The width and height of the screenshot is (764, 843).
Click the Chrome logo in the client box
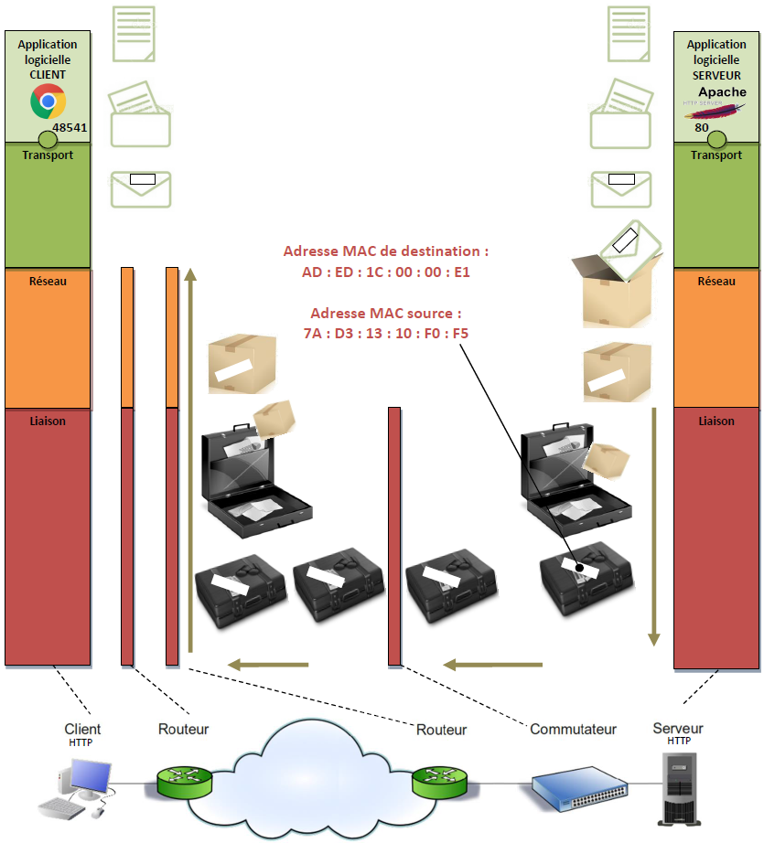coord(48,101)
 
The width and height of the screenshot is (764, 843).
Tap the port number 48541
coord(70,128)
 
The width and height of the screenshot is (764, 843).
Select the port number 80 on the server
coord(701,128)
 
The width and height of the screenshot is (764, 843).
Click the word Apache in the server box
coord(722,92)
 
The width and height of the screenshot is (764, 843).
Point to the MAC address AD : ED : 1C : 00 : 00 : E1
coord(385,272)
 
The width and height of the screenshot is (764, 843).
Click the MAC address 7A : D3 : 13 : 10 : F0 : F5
coord(385,334)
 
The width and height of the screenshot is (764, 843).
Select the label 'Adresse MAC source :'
coord(385,313)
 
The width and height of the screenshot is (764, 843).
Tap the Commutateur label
coord(573,729)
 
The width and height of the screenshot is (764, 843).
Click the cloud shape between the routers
coord(311,777)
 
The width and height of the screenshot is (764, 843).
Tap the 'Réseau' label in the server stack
coord(716,282)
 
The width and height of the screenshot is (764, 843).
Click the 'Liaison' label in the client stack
coord(48,421)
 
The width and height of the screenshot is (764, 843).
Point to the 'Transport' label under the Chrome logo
coord(48,155)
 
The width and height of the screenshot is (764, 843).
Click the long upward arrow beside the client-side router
coord(189,457)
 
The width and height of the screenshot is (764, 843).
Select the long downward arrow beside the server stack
coord(654,526)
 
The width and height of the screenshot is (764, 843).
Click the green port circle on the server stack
coord(716,140)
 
